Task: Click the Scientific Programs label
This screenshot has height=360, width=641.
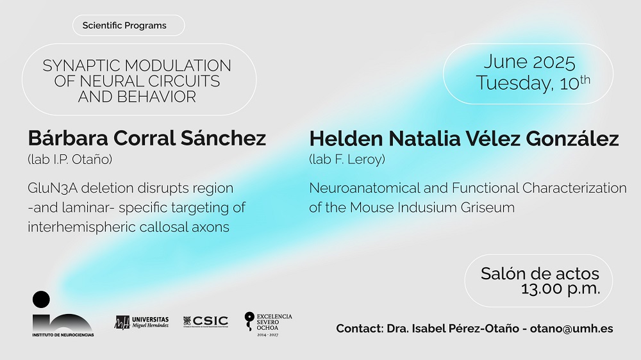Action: [124, 26]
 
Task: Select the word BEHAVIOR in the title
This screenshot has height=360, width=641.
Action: [156, 97]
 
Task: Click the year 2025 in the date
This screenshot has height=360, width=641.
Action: [554, 62]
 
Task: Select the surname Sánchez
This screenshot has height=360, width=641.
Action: [223, 138]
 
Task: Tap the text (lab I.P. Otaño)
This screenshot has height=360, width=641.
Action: [70, 159]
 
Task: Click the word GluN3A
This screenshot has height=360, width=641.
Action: [53, 188]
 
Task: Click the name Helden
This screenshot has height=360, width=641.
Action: [346, 138]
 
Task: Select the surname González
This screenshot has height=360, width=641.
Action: [572, 138]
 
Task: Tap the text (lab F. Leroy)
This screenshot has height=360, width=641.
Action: [347, 159]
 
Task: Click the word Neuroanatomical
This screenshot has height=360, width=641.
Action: [364, 188]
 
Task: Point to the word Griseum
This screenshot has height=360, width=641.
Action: [487, 207]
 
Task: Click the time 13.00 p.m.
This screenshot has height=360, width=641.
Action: [560, 289]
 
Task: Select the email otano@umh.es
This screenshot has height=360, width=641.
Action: [572, 329]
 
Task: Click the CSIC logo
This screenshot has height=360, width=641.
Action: [206, 322]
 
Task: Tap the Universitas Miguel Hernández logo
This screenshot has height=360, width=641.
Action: [142, 322]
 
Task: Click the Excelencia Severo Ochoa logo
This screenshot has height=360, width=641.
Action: [268, 325]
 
